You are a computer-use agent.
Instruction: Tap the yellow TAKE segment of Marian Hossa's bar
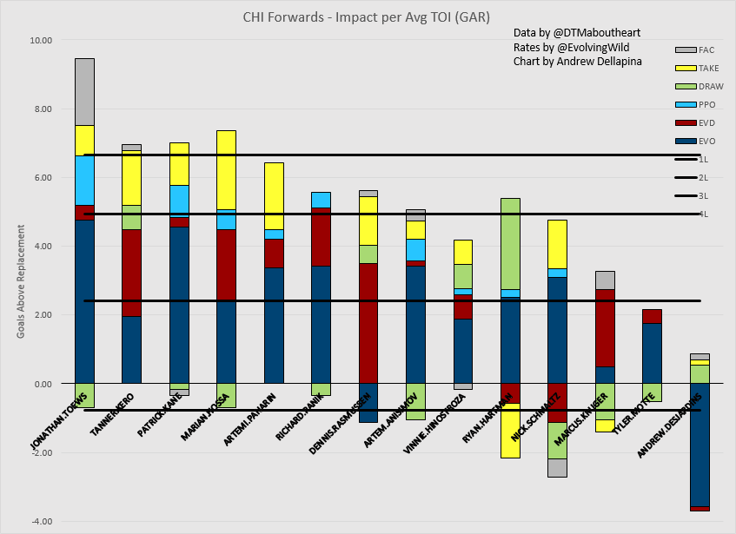pos(225,169)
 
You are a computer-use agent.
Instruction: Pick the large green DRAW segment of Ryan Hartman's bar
pos(510,244)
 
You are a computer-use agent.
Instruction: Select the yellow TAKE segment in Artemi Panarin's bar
pos(274,195)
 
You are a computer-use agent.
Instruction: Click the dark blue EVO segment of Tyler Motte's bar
pos(652,353)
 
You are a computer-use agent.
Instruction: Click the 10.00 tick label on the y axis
pos(41,41)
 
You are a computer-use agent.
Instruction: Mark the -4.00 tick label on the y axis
pos(41,521)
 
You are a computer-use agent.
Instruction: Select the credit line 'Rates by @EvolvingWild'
pos(572,47)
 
